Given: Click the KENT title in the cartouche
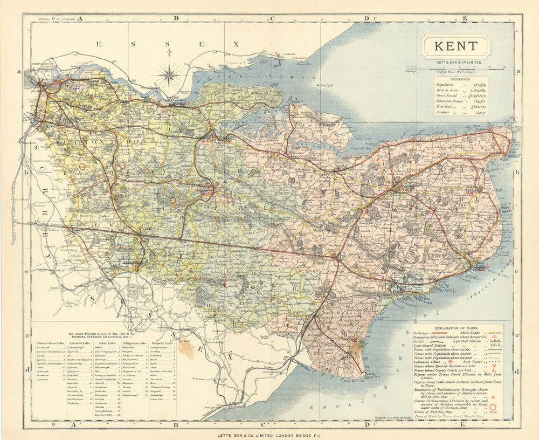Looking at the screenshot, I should (455, 46).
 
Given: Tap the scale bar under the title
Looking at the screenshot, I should (456, 67).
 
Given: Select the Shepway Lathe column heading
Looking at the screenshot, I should (165, 342).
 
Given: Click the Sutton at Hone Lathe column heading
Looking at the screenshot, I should (49, 342).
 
